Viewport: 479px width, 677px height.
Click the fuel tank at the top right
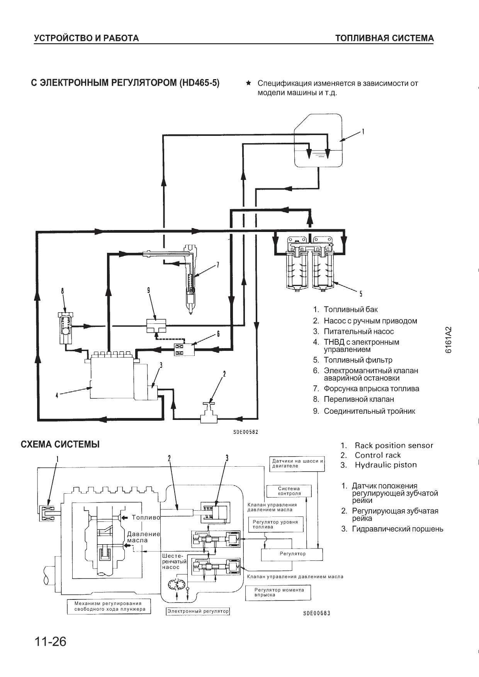(x=318, y=140)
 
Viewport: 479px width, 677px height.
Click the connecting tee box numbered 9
(x=156, y=325)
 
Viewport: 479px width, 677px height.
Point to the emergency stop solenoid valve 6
(x=184, y=349)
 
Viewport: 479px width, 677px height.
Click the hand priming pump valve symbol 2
(x=209, y=414)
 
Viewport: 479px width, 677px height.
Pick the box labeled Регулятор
(x=292, y=554)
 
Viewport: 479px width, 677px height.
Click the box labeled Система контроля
(x=289, y=491)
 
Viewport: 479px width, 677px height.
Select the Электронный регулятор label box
(x=198, y=611)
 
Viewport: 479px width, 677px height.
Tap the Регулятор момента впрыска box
(x=278, y=592)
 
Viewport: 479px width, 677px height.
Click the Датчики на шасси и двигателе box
(x=297, y=463)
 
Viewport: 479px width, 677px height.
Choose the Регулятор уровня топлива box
(x=275, y=524)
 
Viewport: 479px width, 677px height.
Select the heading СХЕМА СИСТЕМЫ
(x=60, y=444)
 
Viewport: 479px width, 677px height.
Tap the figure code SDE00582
(x=246, y=432)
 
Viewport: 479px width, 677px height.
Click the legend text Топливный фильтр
(x=358, y=360)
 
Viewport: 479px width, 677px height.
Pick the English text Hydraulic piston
(x=386, y=465)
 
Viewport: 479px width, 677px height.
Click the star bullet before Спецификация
(x=249, y=83)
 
